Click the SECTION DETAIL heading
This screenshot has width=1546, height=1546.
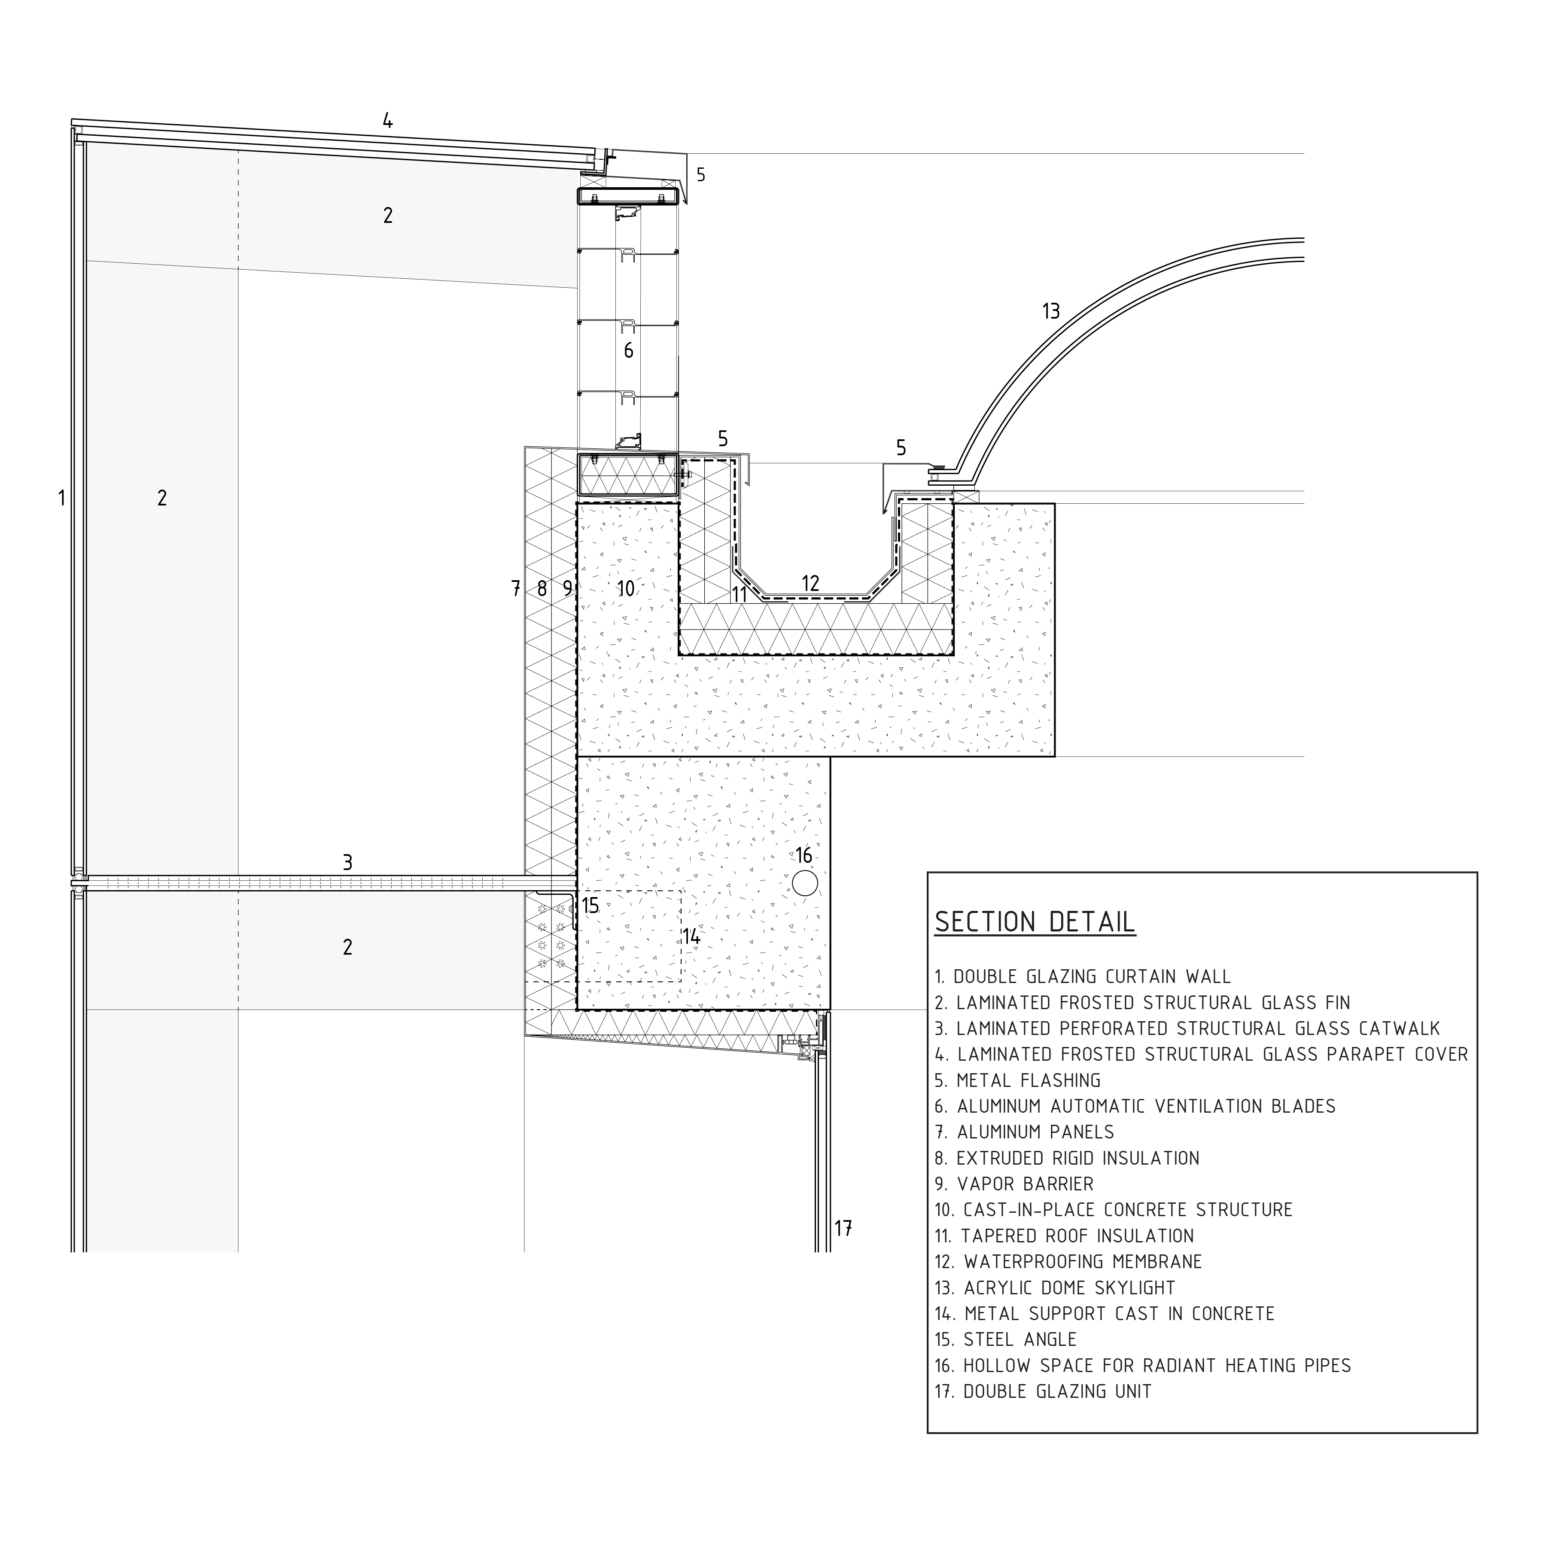coord(1035,922)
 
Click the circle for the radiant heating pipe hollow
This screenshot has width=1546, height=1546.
coord(805,883)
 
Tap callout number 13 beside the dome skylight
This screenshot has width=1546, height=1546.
coord(1051,311)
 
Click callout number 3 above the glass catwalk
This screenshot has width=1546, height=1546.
coord(347,862)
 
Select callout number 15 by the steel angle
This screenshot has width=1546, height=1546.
coord(590,906)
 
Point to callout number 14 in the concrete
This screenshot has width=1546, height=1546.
coord(691,936)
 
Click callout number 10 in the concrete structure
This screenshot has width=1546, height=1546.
coord(626,589)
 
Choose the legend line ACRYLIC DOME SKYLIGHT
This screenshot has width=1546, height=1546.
coord(1055,1287)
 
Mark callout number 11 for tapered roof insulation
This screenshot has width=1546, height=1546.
coord(740,594)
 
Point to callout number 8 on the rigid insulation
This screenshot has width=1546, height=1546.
coord(542,589)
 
